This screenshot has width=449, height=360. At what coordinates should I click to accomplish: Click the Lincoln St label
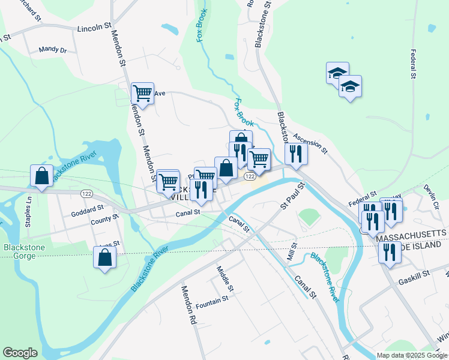click(x=95, y=27)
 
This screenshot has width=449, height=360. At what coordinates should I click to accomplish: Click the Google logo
click(x=20, y=353)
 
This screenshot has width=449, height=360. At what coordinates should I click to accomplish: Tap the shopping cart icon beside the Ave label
click(x=142, y=94)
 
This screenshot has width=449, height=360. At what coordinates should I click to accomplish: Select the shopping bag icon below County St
click(x=104, y=257)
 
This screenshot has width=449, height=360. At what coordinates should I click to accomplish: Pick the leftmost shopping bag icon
click(x=41, y=176)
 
